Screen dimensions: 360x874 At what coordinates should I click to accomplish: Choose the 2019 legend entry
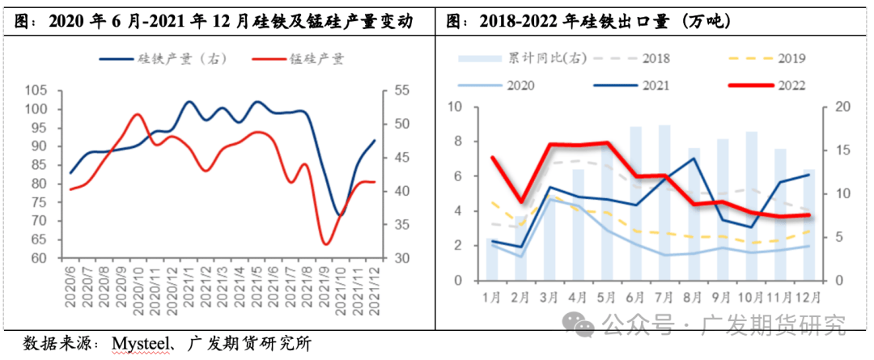click(789, 59)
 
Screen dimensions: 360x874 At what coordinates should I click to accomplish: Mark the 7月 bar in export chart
click(664, 202)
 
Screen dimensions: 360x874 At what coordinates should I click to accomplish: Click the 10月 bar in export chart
click(750, 205)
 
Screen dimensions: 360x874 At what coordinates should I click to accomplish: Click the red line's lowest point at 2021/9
click(325, 244)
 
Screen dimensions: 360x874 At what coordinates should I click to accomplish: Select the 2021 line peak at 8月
click(694, 159)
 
